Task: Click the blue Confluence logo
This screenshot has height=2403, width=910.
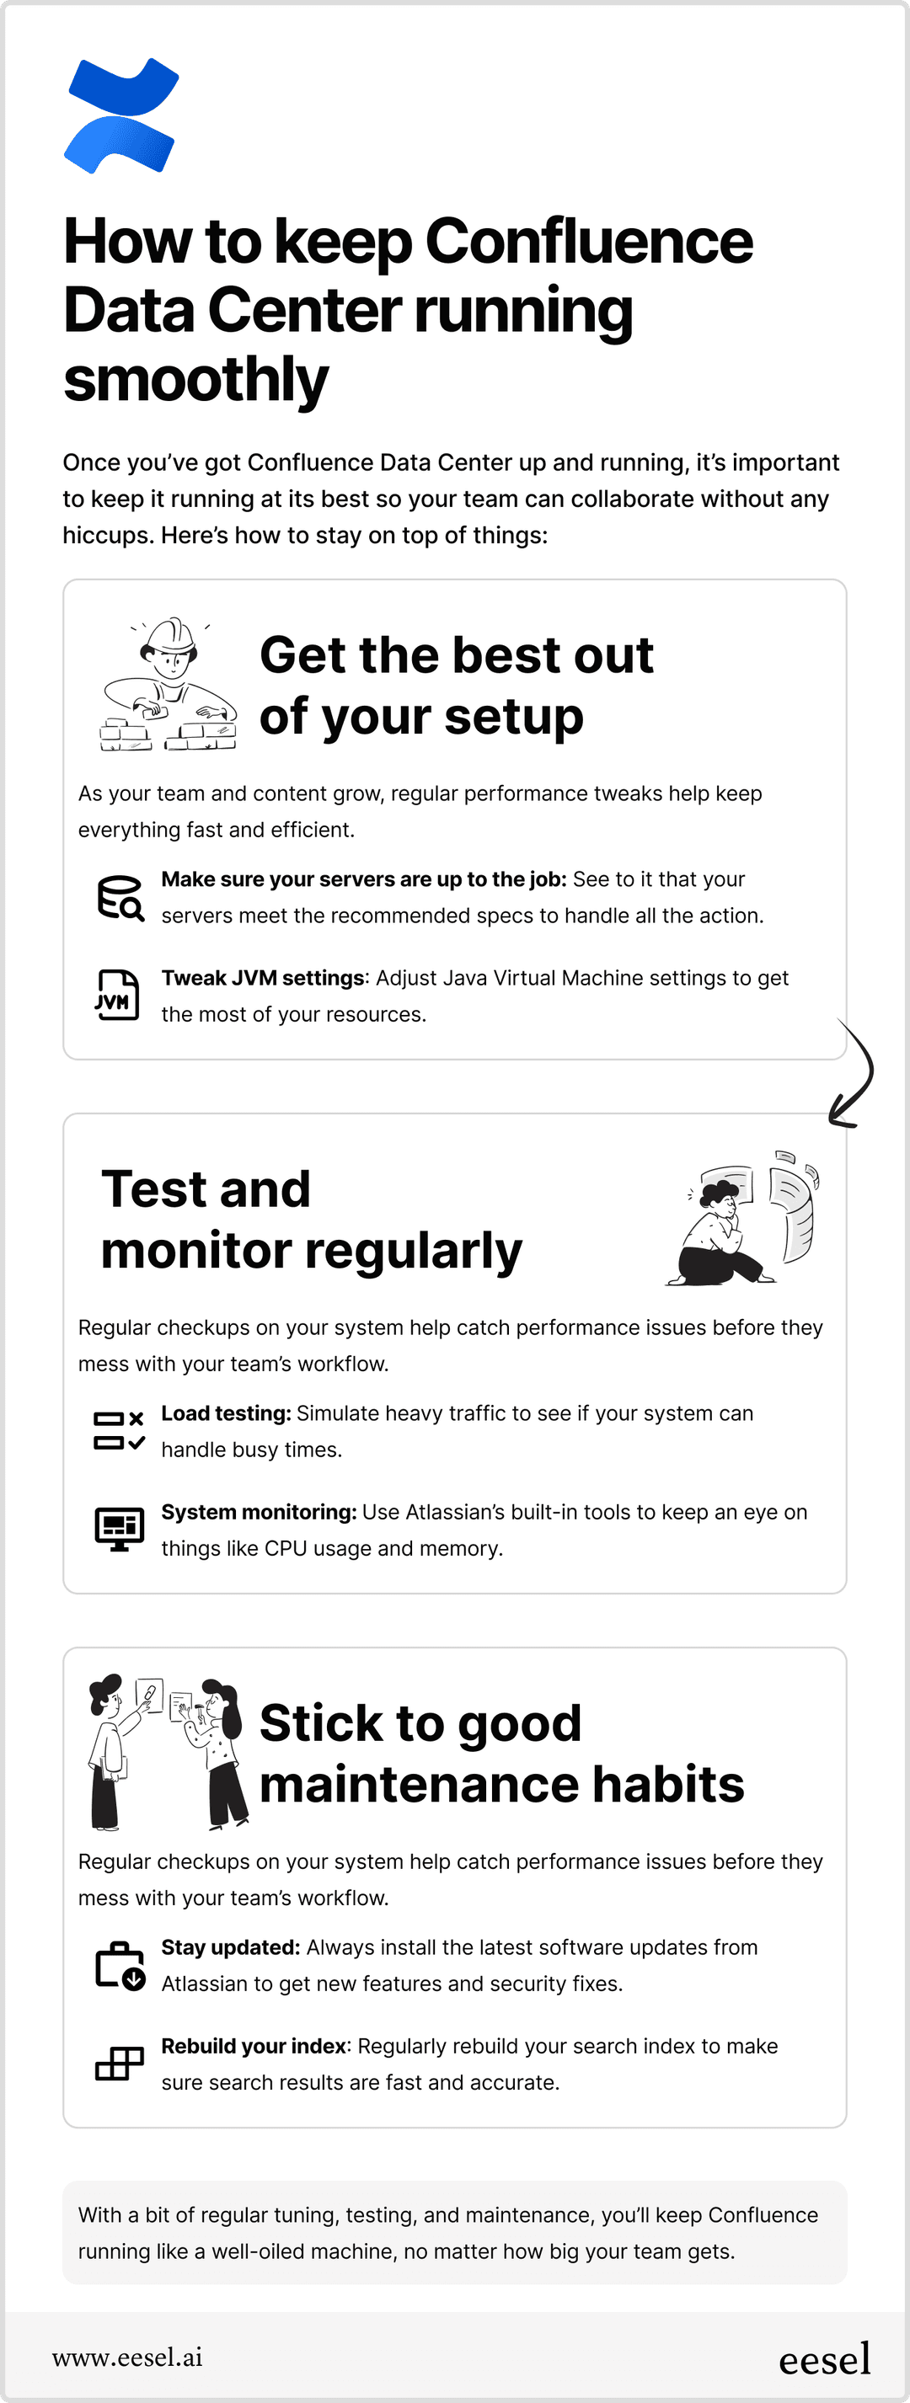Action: [x=120, y=115]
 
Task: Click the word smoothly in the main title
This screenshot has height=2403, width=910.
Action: [x=196, y=380]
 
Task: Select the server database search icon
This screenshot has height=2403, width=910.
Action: [x=120, y=897]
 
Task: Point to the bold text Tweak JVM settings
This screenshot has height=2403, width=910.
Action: [x=262, y=978]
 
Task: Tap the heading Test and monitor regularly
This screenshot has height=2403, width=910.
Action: [x=311, y=1220]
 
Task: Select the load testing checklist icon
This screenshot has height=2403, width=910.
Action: [x=120, y=1430]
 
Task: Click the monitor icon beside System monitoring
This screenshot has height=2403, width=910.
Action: [x=120, y=1529]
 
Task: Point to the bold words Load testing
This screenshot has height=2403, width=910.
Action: [x=226, y=1413]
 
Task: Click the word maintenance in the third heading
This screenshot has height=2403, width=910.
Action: [x=419, y=1784]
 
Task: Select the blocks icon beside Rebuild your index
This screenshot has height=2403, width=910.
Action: [x=120, y=2063]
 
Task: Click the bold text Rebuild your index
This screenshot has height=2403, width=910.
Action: [x=254, y=2046]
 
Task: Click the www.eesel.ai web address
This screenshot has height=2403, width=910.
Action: [x=127, y=2358]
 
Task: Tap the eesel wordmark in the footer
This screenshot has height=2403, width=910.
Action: [x=824, y=2360]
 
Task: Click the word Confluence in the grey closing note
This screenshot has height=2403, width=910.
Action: [x=763, y=2214]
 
